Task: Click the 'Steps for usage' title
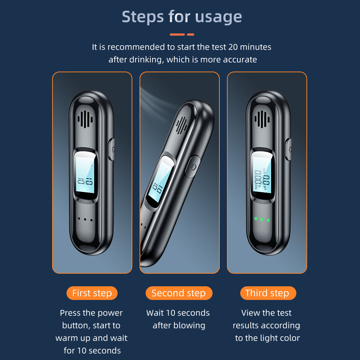coord(182,17)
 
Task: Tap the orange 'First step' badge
coord(92,293)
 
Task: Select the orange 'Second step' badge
coord(179,293)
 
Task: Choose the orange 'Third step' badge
coord(268,293)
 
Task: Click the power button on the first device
coord(112,149)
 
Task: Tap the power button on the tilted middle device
coord(192,167)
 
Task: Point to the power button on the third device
coord(289,149)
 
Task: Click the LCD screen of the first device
coord(85,173)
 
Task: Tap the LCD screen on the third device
coord(262,173)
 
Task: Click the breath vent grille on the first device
coord(85,119)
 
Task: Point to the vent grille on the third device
coord(262,119)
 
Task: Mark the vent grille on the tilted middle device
coord(181,126)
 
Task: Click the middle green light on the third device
coord(262,219)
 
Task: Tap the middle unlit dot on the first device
coord(85,219)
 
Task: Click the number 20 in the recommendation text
coord(233,47)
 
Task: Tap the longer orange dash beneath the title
coord(177,35)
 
